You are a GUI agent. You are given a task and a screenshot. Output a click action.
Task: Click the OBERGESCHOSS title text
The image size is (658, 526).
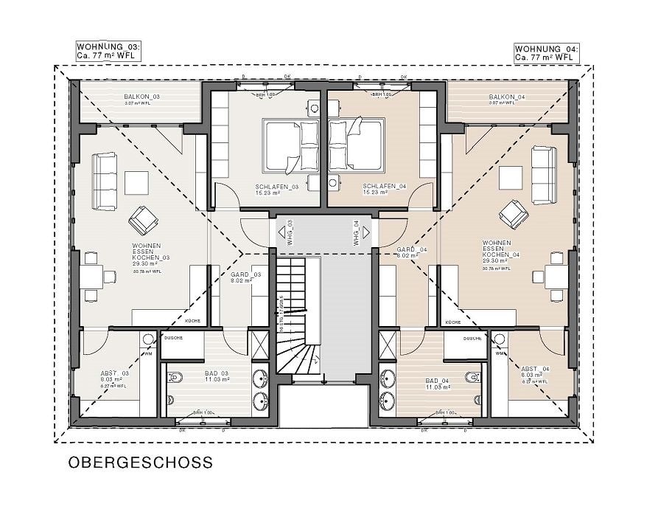pyautogui.click(x=140, y=463)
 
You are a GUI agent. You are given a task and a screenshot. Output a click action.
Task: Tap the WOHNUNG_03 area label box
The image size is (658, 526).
pyautogui.click(x=108, y=52)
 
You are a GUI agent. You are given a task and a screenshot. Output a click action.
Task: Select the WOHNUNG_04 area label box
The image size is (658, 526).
pyautogui.click(x=546, y=52)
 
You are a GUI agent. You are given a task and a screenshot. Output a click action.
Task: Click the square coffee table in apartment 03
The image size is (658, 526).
pyautogui.click(x=136, y=181)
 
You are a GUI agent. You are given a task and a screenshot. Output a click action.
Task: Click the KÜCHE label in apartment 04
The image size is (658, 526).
pyautogui.click(x=453, y=322)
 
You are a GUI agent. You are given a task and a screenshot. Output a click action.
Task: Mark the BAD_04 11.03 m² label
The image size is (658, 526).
pyautogui.click(x=437, y=384)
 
